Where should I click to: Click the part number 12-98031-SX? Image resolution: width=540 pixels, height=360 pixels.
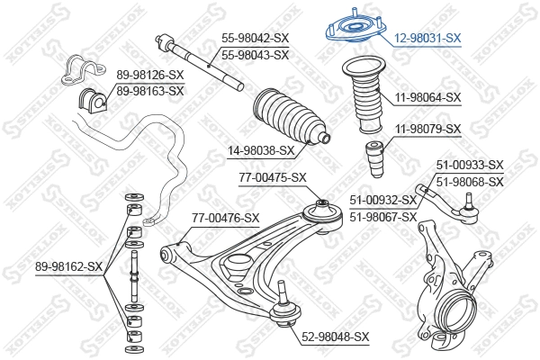pyautogui.click(x=427, y=38)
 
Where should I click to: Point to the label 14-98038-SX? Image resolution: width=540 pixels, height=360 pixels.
pyautogui.click(x=261, y=150)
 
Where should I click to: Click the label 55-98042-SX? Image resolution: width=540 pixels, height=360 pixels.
pyautogui.click(x=256, y=38)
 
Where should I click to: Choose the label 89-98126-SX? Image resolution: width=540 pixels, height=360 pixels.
pyautogui.click(x=149, y=76)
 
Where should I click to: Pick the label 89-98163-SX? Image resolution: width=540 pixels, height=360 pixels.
pyautogui.click(x=149, y=91)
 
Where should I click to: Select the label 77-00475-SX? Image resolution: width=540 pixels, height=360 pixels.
pyautogui.click(x=273, y=178)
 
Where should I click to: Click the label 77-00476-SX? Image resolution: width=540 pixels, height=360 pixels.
pyautogui.click(x=225, y=218)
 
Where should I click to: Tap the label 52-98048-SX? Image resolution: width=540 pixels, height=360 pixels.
pyautogui.click(x=336, y=337)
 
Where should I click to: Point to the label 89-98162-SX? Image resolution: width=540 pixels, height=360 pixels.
pyautogui.click(x=69, y=266)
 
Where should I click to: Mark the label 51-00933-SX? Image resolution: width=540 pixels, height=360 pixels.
pyautogui.click(x=470, y=165)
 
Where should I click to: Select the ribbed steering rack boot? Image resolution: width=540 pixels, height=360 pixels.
pyautogui.click(x=290, y=117)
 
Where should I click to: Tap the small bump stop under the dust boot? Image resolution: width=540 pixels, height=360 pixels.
pyautogui.click(x=374, y=160)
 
